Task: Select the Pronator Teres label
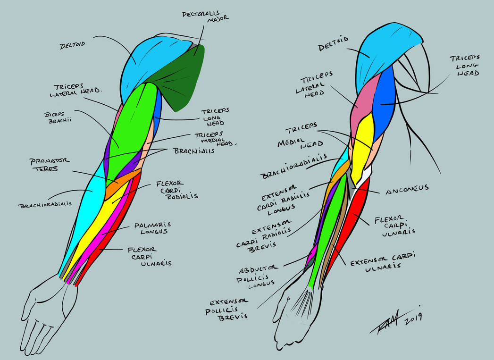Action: pos(50,164)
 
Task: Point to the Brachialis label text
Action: pos(194,151)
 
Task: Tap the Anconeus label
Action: pos(407,187)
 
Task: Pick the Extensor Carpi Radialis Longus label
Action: pos(280,200)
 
